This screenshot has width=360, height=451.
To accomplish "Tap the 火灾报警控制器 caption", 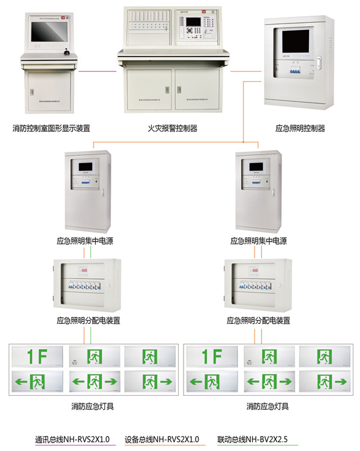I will pos(172,128).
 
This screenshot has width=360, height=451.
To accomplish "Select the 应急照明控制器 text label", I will pos(299,128).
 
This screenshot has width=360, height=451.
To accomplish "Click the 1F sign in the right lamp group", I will pos(211,357).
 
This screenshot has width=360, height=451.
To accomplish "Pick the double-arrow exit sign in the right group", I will pos(268,381).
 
